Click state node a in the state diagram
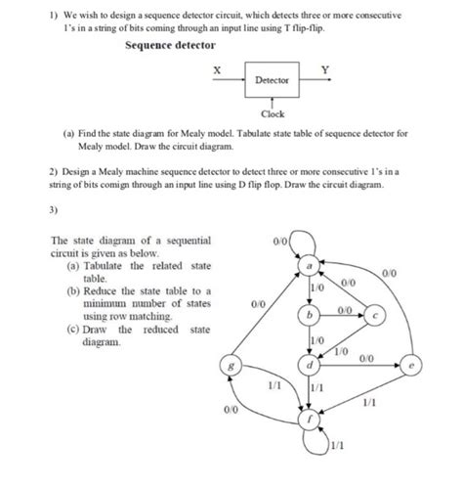309,265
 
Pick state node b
309,317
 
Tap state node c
378,315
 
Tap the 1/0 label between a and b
317,290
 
